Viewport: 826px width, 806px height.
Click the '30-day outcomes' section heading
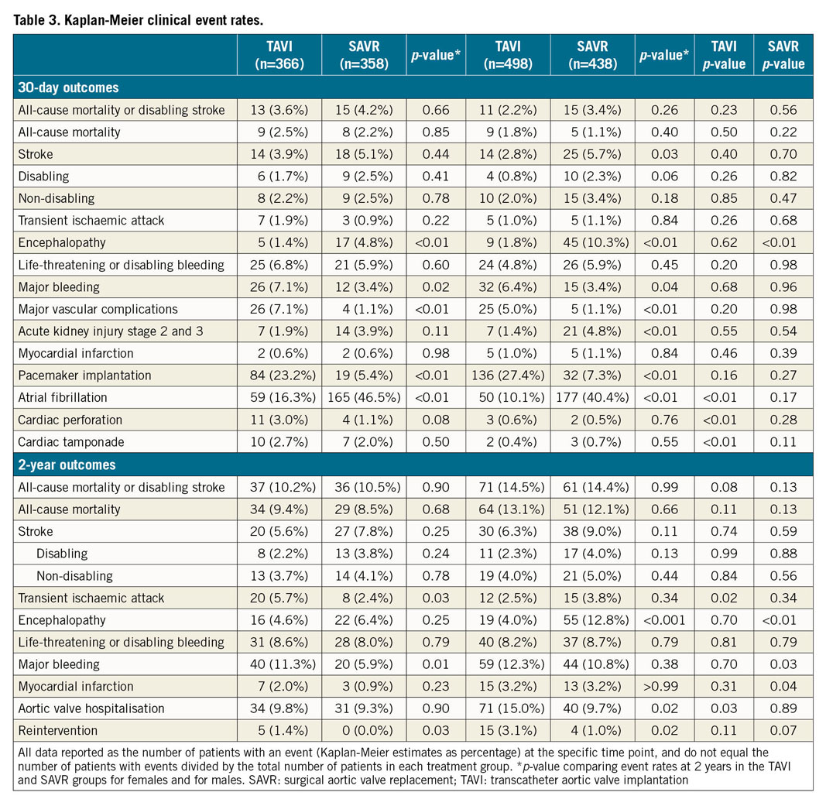coord(68,87)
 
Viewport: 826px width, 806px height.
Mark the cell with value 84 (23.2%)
coord(279,376)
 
